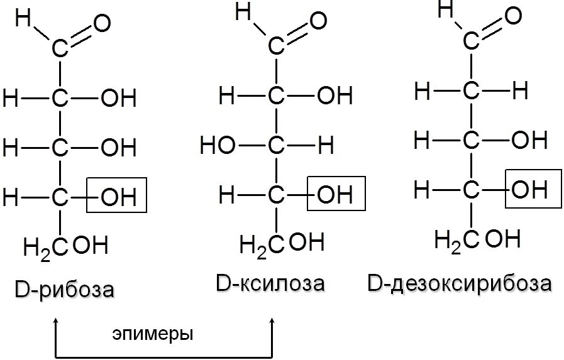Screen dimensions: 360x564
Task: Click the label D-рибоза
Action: pos(65,290)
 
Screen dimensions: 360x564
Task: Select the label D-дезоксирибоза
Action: pos(459,283)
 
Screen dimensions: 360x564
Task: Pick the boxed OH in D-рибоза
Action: pos(118,197)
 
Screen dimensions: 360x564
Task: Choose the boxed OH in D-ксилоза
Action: pos(335,194)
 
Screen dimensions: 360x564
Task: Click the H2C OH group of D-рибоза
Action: pos(65,246)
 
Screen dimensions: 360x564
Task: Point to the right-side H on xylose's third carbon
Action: pos(326,146)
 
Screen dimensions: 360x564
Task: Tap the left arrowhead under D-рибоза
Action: pos(57,322)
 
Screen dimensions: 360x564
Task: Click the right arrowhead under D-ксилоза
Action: pos(273,322)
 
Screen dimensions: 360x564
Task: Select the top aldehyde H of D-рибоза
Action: pos(23,19)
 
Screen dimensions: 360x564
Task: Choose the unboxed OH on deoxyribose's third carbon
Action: pos(529,139)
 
